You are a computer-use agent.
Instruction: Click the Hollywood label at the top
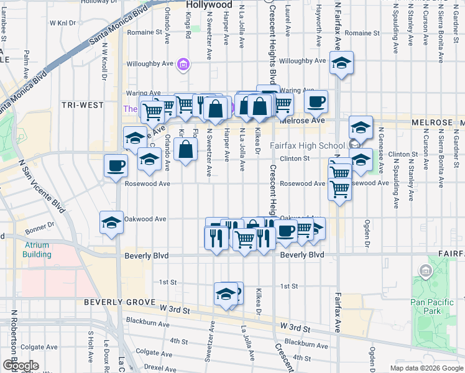tap(209, 4)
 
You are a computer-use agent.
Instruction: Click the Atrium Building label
tap(37, 249)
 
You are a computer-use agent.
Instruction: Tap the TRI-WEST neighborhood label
tap(83, 105)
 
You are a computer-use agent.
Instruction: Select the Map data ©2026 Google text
tap(426, 368)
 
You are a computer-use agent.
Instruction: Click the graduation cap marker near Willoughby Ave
tap(341, 63)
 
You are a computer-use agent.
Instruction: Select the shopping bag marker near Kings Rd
tap(185, 150)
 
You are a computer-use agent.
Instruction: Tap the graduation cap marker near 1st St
tap(226, 294)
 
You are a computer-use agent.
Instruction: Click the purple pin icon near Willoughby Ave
tap(183, 63)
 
